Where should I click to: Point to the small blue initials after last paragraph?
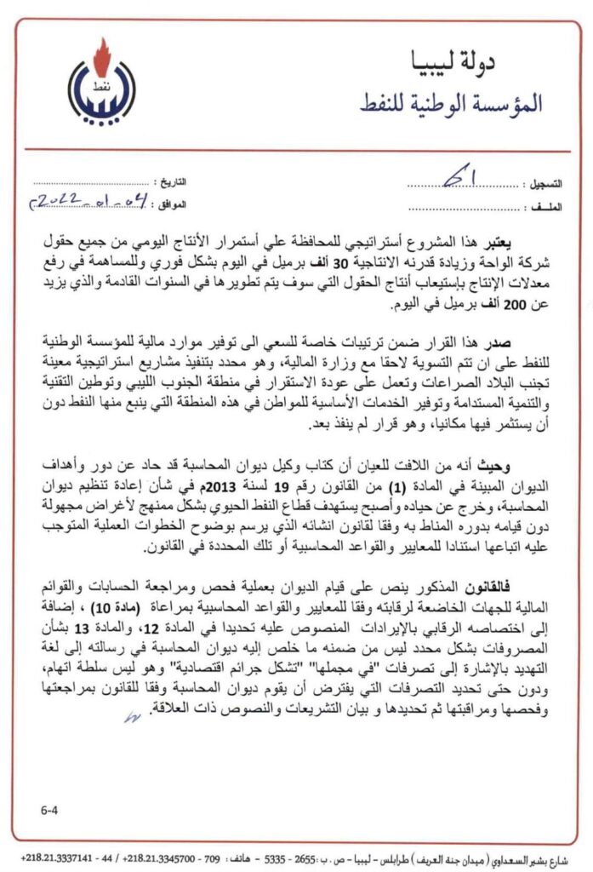click(129, 718)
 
